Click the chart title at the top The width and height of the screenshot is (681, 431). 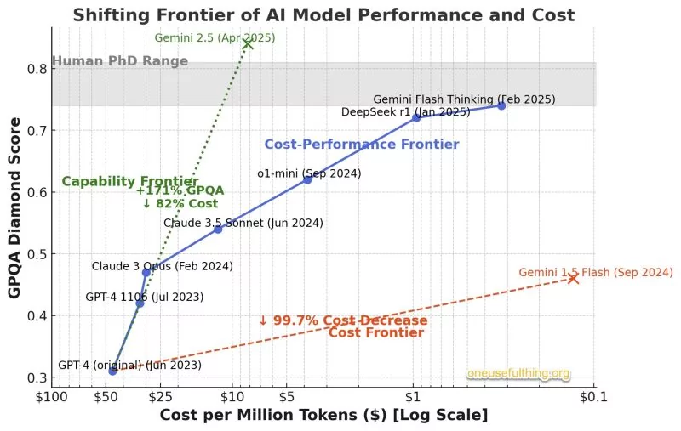tap(323, 14)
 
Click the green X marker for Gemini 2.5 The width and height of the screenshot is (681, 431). tap(248, 43)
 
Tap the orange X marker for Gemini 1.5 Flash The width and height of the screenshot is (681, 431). tap(573, 278)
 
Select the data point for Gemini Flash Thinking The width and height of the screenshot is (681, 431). tap(501, 105)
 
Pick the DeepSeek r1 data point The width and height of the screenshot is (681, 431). tap(416, 117)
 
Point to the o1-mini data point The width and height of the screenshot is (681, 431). tap(307, 179)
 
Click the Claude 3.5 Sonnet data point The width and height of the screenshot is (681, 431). tap(218, 230)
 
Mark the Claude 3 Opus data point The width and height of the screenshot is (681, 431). tap(146, 272)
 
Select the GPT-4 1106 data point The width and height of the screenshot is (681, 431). tap(140, 303)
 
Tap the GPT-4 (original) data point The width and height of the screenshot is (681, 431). tap(112, 371)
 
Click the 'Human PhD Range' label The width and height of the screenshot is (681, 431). tap(120, 61)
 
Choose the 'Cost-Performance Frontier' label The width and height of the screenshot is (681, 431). tap(361, 145)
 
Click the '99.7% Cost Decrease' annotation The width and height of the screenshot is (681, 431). tap(342, 320)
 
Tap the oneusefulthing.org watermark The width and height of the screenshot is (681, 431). tap(518, 374)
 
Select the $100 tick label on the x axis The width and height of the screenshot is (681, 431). tap(51, 397)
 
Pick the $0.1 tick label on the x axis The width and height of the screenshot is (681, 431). tap(593, 397)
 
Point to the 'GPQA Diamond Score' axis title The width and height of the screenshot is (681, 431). tap(14, 207)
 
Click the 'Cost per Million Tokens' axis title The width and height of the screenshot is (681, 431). tap(323, 416)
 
